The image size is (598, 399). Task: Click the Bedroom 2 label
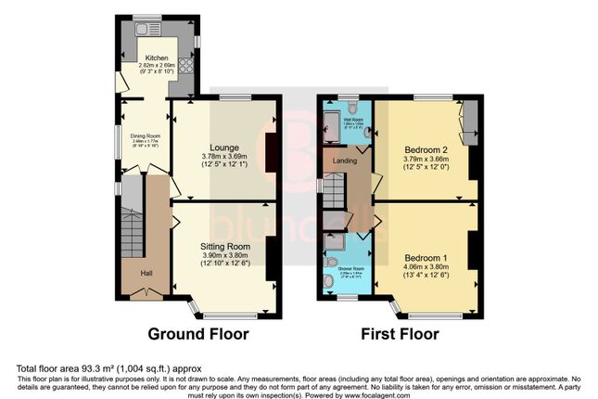click(426, 148)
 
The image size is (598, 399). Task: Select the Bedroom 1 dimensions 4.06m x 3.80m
click(426, 264)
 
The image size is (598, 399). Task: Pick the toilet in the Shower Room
click(328, 284)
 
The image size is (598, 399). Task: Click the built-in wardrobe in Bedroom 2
click(468, 121)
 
